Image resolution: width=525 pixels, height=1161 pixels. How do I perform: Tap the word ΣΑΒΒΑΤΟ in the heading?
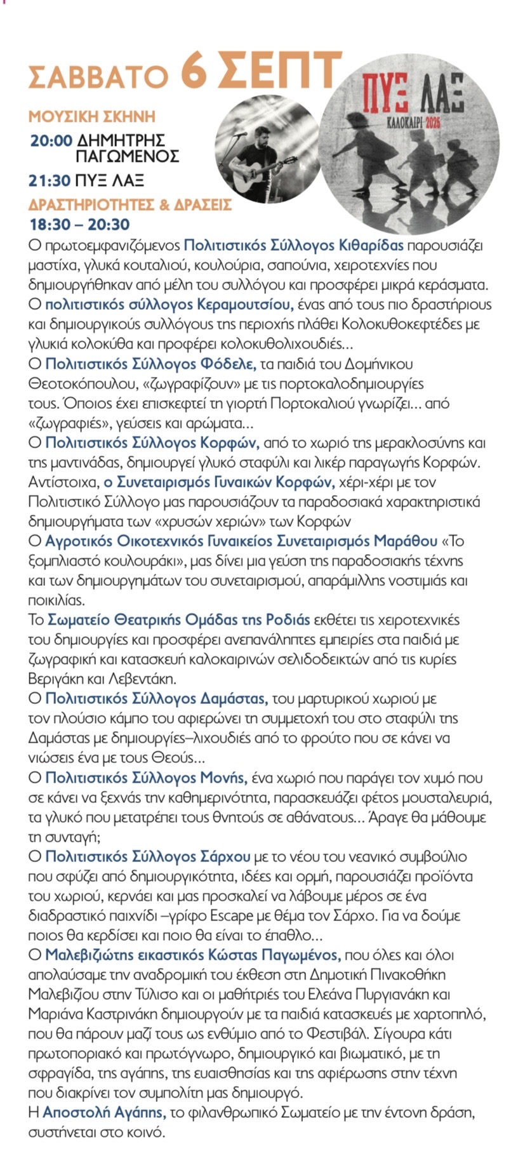pos(98,77)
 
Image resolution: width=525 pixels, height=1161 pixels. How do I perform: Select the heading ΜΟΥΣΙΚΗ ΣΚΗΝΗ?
pos(92,117)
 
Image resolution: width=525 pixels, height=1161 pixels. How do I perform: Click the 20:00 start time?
pos(51,140)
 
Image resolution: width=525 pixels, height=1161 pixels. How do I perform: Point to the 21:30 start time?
pos(49,181)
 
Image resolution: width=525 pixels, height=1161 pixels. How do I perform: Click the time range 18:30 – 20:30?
pos(80,224)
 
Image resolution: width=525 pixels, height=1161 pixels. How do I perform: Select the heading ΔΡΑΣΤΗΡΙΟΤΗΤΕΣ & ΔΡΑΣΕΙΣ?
pos(130,205)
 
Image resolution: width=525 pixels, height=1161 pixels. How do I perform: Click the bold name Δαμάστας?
pos(234,698)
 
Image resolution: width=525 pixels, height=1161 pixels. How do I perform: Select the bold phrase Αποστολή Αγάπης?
pos(104,1112)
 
